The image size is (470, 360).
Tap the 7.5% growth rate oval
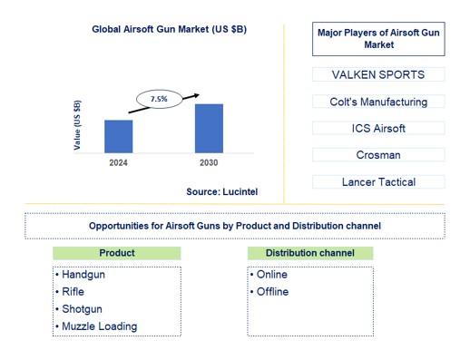pyautogui.click(x=159, y=99)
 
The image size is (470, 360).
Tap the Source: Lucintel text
pyautogui.click(x=222, y=191)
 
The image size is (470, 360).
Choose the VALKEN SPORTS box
pyautogui.click(x=378, y=74)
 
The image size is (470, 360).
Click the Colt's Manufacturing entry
pyautogui.click(x=378, y=102)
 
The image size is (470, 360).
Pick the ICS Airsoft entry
pyautogui.click(x=378, y=128)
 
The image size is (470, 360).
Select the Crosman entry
pyautogui.click(x=378, y=155)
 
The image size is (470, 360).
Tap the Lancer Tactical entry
pyautogui.click(x=378, y=181)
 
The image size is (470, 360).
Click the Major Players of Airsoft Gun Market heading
pyautogui.click(x=379, y=38)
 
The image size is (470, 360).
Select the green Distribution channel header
pyautogui.click(x=310, y=253)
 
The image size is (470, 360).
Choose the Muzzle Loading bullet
pyautogui.click(x=97, y=326)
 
